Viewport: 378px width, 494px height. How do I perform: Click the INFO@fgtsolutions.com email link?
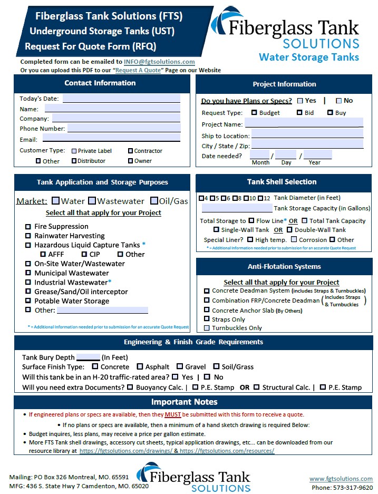point(159,62)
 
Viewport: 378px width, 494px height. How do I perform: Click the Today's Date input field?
point(121,98)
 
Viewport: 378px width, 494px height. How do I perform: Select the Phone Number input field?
point(123,128)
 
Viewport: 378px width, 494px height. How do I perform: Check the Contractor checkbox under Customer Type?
point(130,151)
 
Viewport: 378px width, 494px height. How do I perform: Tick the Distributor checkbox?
point(74,161)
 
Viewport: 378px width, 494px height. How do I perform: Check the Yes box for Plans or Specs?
point(300,101)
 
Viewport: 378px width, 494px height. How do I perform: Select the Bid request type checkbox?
point(299,112)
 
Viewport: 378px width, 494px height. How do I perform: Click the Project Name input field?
point(304,124)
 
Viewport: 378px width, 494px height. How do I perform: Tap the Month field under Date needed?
point(260,155)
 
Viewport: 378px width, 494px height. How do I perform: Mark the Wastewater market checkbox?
point(92,201)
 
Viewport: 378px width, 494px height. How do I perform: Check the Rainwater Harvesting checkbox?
point(28,236)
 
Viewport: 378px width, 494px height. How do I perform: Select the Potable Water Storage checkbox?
point(28,301)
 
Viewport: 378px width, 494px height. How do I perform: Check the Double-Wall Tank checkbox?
point(289,229)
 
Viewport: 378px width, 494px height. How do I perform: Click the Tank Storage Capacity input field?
point(237,208)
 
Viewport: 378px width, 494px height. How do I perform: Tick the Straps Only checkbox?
point(207,319)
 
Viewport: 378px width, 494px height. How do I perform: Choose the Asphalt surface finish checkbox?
point(140,366)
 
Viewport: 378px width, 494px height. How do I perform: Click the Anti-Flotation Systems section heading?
point(284,266)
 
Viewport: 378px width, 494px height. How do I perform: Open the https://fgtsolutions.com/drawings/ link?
point(128,451)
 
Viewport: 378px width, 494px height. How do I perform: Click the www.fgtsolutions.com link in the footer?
point(341,478)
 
